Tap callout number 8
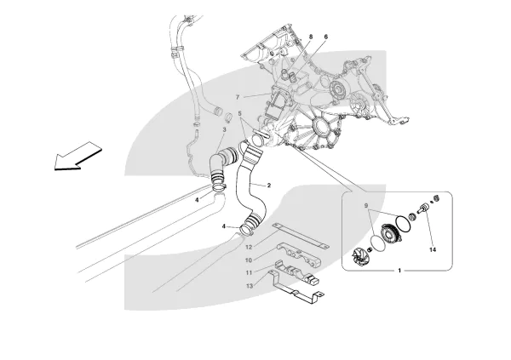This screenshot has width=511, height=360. point(310,37)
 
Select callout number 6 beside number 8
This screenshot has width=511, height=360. point(325,37)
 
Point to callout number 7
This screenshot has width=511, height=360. point(238,98)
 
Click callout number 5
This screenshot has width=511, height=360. point(241,114)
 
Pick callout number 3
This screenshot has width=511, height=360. point(224,129)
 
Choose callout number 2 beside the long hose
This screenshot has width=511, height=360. point(268,185)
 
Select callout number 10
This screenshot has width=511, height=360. point(249,260)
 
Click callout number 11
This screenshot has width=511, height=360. point(249,272)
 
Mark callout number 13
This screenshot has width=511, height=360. point(249,286)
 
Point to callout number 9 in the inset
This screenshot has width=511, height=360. point(368,208)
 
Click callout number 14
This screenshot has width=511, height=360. point(432,250)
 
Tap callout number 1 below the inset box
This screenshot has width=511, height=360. point(399,271)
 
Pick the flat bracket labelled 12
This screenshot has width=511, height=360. point(298,236)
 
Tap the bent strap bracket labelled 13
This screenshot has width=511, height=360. point(294,284)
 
